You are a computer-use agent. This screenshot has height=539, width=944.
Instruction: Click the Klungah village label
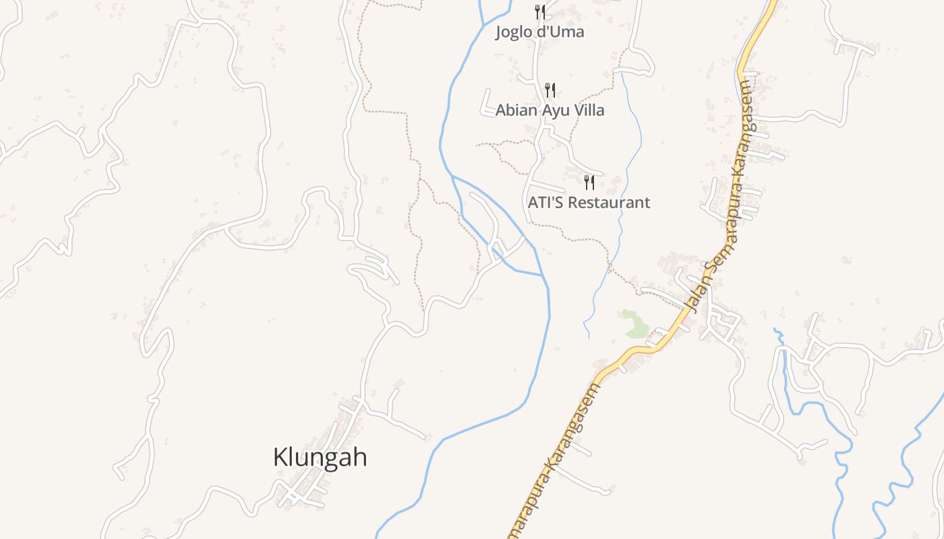click(x=320, y=457)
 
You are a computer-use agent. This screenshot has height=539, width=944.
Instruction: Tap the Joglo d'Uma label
click(x=539, y=32)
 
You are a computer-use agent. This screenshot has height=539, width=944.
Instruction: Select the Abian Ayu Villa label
click(x=550, y=110)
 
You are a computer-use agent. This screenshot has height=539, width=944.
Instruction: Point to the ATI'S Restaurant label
click(x=589, y=202)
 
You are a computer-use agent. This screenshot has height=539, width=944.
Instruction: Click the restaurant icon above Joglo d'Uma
click(x=539, y=11)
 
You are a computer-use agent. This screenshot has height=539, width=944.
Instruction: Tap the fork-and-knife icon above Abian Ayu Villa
click(x=550, y=90)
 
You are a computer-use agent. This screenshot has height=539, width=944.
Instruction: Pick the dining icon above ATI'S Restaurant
click(x=589, y=182)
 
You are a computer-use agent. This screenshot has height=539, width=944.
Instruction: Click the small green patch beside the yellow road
click(x=633, y=324)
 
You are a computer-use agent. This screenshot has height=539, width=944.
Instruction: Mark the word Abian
click(x=514, y=110)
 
